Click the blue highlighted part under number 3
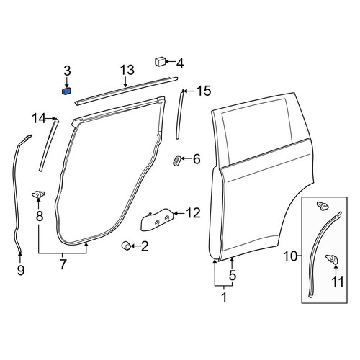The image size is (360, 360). coord(66,91)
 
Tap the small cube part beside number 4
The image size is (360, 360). coord(160,61)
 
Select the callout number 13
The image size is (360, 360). coord(127,71)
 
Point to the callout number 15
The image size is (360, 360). coord(204,91)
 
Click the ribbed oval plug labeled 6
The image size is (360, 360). coord(177,161)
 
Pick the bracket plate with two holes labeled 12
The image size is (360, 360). coord(157,220)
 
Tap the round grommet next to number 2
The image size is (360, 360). coord(126,246)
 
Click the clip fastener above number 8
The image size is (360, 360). coord(38,194)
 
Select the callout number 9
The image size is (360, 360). coord(21,271)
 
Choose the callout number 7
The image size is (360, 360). coord(63,265)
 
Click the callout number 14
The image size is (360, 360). coord(39,119)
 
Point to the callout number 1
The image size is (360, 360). coord(224,297)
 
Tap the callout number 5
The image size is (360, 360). coord(233,275)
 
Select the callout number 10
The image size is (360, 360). coord(290,256)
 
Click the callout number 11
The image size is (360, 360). coord(338,282)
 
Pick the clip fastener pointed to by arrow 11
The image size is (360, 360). coord(331,259)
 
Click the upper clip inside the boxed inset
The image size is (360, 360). coord(323,205)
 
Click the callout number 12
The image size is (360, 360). coord(193,213)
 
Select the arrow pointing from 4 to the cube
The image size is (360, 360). coord(170,62)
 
